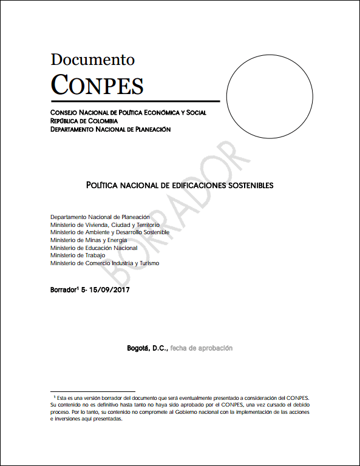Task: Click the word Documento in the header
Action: [92, 59]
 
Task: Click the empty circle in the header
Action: [270, 81]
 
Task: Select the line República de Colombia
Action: [84, 121]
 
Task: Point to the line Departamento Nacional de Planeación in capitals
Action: [110, 129]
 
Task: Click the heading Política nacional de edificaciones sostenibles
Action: [180, 184]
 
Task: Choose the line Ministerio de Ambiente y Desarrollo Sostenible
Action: [110, 232]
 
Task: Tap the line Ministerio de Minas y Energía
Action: [89, 240]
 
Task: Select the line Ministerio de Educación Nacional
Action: [94, 248]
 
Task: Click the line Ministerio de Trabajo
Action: [78, 255]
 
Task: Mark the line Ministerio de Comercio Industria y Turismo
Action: [105, 263]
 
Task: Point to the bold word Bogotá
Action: [138, 349]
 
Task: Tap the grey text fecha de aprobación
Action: [201, 349]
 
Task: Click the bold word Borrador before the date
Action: [63, 290]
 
